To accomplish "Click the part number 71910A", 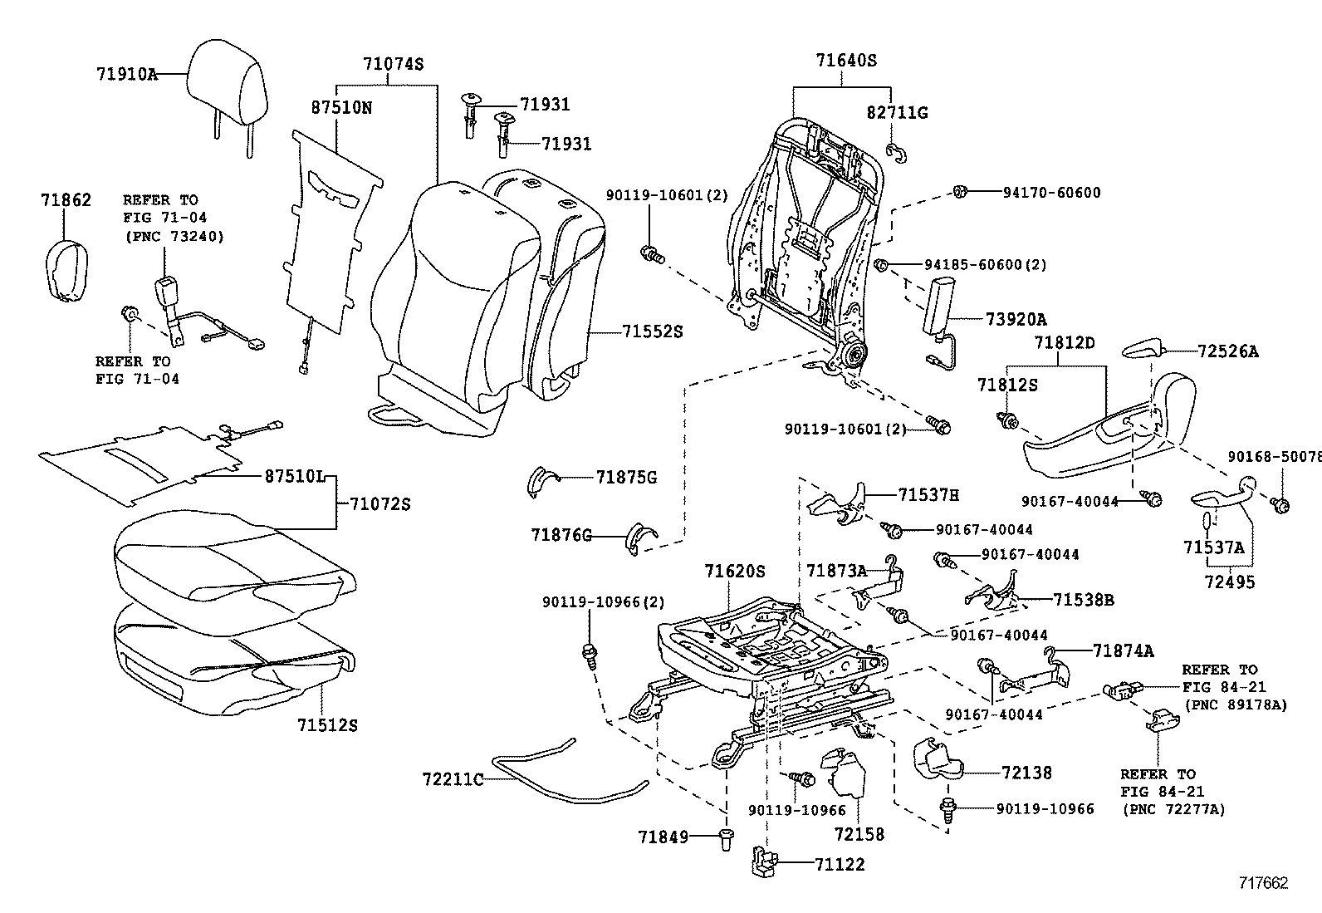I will (126, 73).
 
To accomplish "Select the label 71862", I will (66, 200).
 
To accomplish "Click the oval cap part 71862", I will (64, 269).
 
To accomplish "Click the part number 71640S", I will (845, 60).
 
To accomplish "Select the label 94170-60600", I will (1039, 193).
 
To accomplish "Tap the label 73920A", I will (1016, 320).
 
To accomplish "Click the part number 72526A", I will (1227, 351).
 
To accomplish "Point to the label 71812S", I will (1006, 385).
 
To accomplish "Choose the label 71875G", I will (626, 477).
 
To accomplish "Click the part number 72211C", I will (453, 778).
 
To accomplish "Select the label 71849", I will (663, 836).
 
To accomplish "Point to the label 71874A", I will (1123, 650).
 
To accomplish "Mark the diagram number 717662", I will (1263, 882).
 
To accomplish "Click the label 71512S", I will (327, 724).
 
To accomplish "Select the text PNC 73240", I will (174, 236).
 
